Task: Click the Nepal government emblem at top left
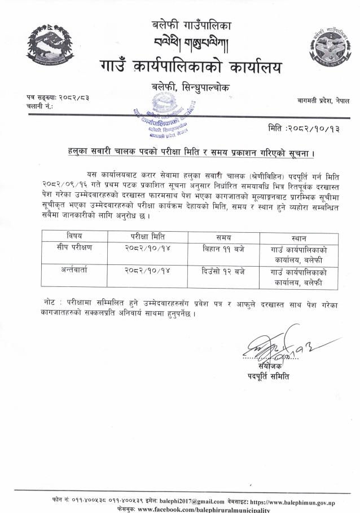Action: (x=50, y=46)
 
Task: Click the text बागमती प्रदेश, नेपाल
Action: (x=324, y=99)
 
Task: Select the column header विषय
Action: (x=74, y=236)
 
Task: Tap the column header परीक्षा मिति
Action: (x=147, y=236)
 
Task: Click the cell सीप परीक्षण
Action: (x=74, y=248)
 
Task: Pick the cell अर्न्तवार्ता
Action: (x=74, y=272)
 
